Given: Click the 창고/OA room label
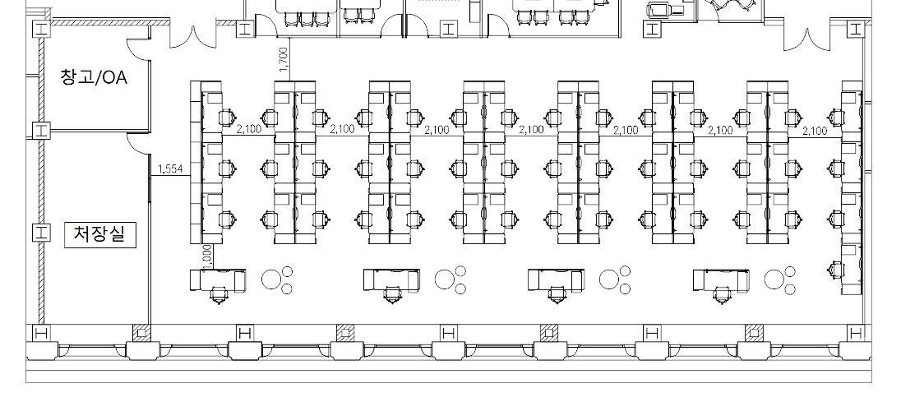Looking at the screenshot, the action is [93, 76].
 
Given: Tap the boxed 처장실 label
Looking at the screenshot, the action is [100, 234].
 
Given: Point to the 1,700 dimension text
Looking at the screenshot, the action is [284, 59].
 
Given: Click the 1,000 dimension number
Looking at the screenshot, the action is [207, 256].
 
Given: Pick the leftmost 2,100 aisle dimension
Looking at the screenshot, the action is [248, 129].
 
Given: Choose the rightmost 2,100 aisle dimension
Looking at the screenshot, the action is [815, 131].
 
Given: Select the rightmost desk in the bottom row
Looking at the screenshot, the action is [721, 280].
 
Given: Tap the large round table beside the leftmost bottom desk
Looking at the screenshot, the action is [270, 279].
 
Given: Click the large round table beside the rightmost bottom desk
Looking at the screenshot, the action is [774, 279].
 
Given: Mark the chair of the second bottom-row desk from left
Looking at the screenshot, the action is [392, 295].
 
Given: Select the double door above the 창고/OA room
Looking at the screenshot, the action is [192, 36].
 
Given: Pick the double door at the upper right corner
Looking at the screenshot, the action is [807, 39].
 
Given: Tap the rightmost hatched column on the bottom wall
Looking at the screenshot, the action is [754, 333].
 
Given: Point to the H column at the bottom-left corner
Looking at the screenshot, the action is [39, 333].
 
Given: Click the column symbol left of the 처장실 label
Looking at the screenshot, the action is [40, 233].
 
